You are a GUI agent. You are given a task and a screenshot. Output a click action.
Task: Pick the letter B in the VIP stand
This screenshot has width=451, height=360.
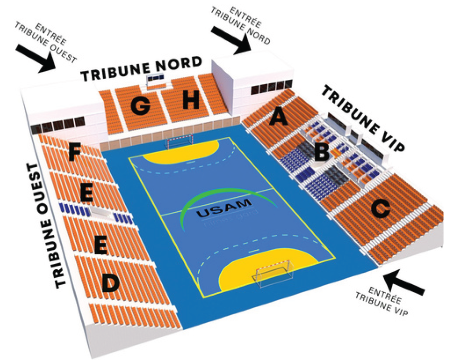[x=322, y=152]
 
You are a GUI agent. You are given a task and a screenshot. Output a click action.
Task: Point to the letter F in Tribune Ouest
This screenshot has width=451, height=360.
[x=75, y=152]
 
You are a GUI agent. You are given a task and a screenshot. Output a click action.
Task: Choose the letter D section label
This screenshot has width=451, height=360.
[x=110, y=284]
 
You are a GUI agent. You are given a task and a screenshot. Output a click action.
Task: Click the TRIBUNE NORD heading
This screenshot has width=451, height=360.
[x=142, y=69]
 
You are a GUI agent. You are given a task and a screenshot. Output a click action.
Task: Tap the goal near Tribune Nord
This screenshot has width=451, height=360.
[x=180, y=142]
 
